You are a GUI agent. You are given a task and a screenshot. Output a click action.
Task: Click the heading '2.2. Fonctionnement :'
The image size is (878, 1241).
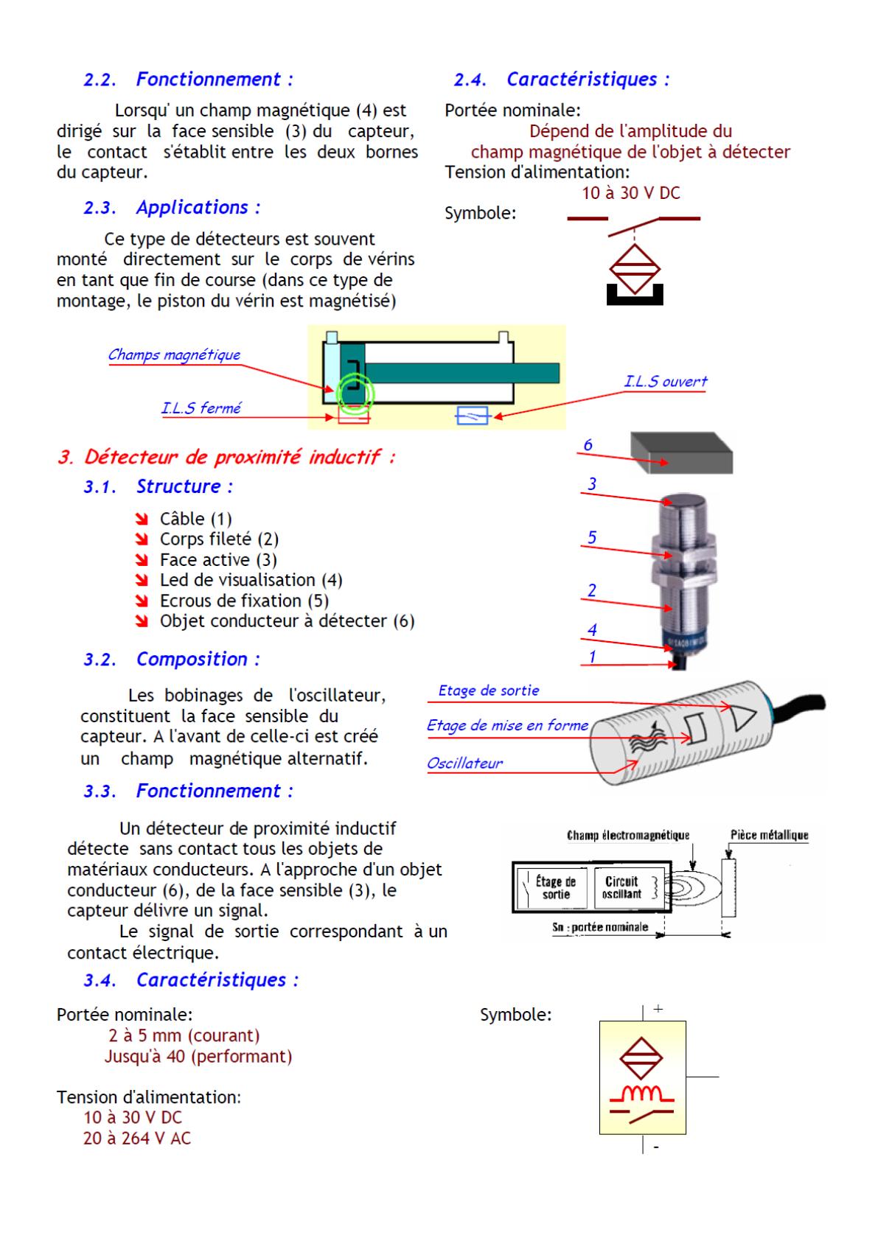tap(188, 80)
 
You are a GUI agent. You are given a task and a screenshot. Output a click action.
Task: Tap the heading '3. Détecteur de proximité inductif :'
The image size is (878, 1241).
tap(226, 457)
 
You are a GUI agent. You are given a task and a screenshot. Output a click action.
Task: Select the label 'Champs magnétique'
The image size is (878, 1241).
tap(174, 354)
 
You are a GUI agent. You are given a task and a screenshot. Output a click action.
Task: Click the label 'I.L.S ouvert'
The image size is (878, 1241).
tap(665, 381)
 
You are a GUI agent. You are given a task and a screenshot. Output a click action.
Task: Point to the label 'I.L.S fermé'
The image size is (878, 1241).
tap(201, 408)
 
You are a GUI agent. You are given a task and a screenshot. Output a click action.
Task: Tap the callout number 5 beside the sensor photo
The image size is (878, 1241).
tap(591, 537)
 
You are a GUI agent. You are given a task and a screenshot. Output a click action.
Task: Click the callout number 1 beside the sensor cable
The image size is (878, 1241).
tap(592, 657)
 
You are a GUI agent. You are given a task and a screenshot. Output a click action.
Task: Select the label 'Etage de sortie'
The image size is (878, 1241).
tap(488, 691)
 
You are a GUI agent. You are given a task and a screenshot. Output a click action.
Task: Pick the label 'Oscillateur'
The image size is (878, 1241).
tap(464, 763)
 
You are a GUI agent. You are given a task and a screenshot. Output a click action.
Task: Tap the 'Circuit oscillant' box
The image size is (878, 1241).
tap(622, 887)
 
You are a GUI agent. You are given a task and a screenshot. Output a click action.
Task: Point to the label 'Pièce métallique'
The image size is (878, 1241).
tap(769, 835)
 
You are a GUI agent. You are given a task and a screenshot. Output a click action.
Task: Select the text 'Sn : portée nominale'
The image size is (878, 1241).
tap(600, 927)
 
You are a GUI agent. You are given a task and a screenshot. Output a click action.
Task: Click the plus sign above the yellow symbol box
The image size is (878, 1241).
tap(658, 1009)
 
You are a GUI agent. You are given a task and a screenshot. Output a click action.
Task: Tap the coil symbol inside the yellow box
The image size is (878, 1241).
tap(641, 1092)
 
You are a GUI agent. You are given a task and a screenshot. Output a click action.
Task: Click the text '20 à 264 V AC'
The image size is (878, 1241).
tap(136, 1139)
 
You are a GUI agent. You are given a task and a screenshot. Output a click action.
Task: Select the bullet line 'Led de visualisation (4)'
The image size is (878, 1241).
tap(251, 580)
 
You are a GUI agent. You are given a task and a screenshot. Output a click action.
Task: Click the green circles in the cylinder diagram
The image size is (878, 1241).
tap(355, 392)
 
